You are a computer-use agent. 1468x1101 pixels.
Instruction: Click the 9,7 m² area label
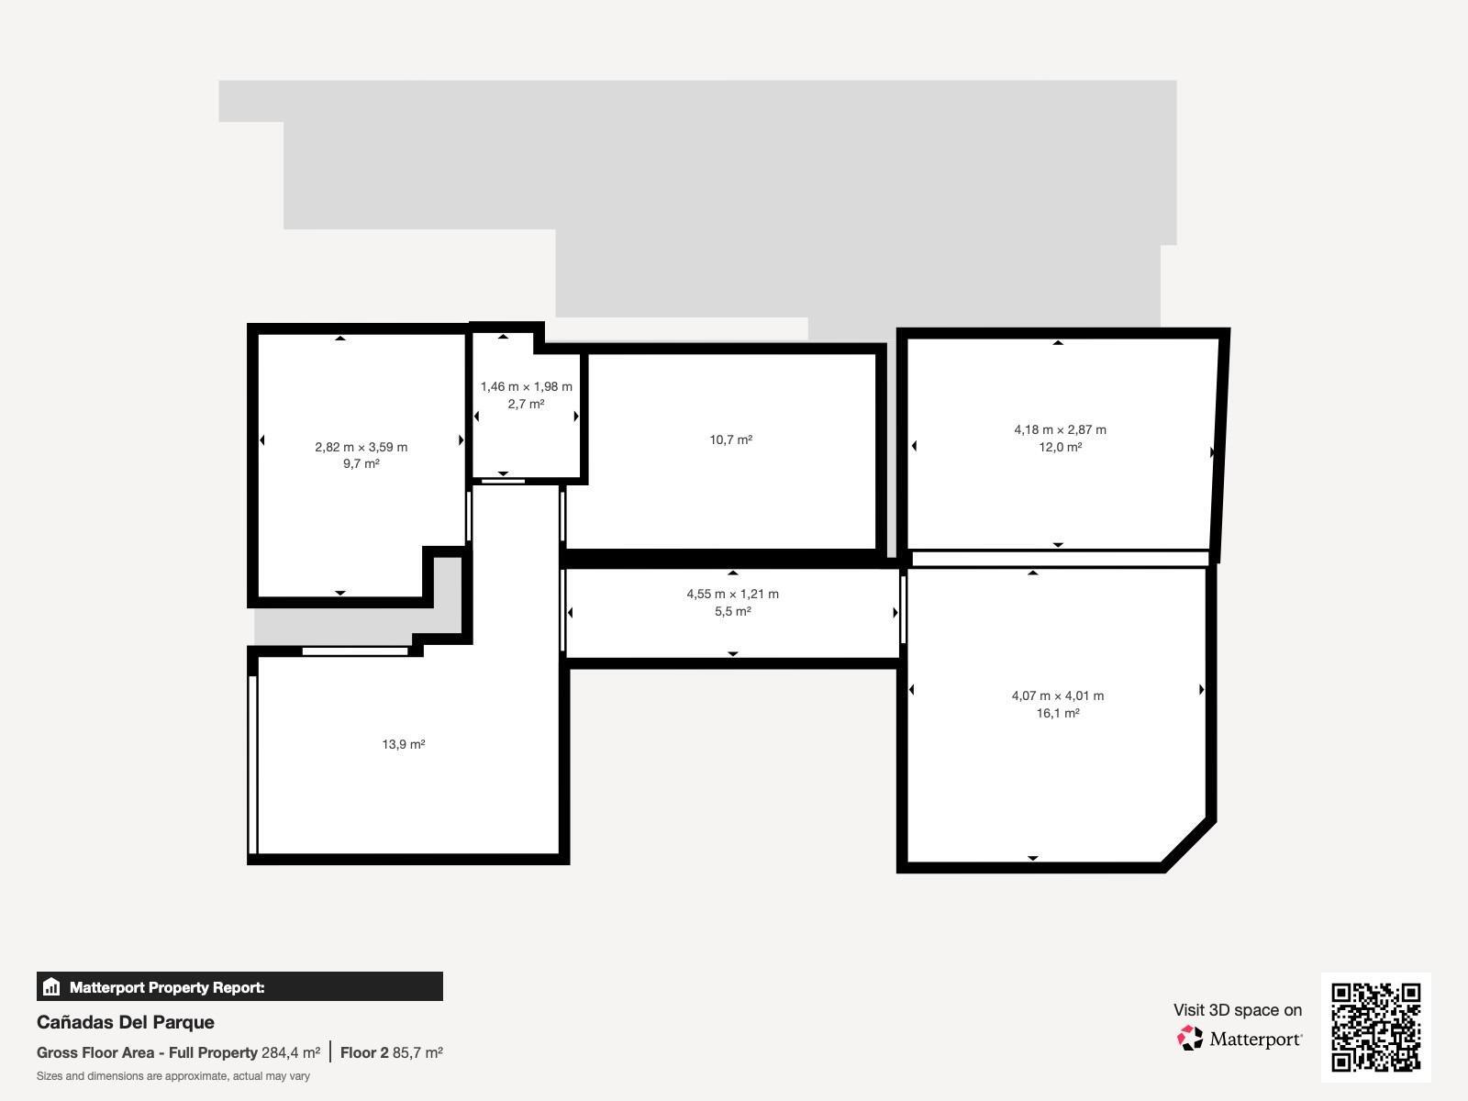pyautogui.click(x=361, y=464)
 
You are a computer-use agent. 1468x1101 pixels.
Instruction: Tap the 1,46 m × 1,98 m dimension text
pyautogui.click(x=526, y=386)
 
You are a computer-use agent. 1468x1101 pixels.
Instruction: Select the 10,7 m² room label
pyautogui.click(x=730, y=439)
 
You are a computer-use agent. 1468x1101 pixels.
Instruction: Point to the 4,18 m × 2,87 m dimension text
pyautogui.click(x=1060, y=429)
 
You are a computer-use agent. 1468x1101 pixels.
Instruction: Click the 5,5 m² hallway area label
pyautogui.click(x=732, y=611)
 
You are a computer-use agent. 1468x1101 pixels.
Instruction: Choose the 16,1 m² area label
pyautogui.click(x=1057, y=713)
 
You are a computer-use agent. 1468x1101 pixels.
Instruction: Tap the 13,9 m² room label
pyautogui.click(x=403, y=744)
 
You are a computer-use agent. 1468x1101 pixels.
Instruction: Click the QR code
pyautogui.click(x=1375, y=1027)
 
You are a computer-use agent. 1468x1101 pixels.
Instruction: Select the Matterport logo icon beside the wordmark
pyautogui.click(x=1190, y=1039)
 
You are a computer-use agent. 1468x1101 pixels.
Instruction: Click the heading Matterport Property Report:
pyautogui.click(x=167, y=987)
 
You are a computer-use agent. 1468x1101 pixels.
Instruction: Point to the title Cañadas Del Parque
pyautogui.click(x=126, y=1022)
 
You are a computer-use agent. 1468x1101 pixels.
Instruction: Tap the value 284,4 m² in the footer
pyautogui.click(x=291, y=1052)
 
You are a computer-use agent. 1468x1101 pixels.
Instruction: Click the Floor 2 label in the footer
pyautogui.click(x=364, y=1052)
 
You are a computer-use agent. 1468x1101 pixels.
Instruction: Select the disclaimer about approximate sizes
pyautogui.click(x=172, y=1076)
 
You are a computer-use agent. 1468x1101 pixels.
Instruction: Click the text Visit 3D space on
pyautogui.click(x=1237, y=1010)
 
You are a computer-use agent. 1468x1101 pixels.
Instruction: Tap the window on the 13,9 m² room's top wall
pyautogui.click(x=355, y=651)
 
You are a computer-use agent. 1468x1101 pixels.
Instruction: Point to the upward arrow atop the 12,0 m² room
pyautogui.click(x=1058, y=342)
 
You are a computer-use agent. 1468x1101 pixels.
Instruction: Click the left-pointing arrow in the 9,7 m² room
pyautogui.click(x=262, y=440)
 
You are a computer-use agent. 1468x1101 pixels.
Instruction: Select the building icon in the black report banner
pyautogui.click(x=51, y=987)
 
